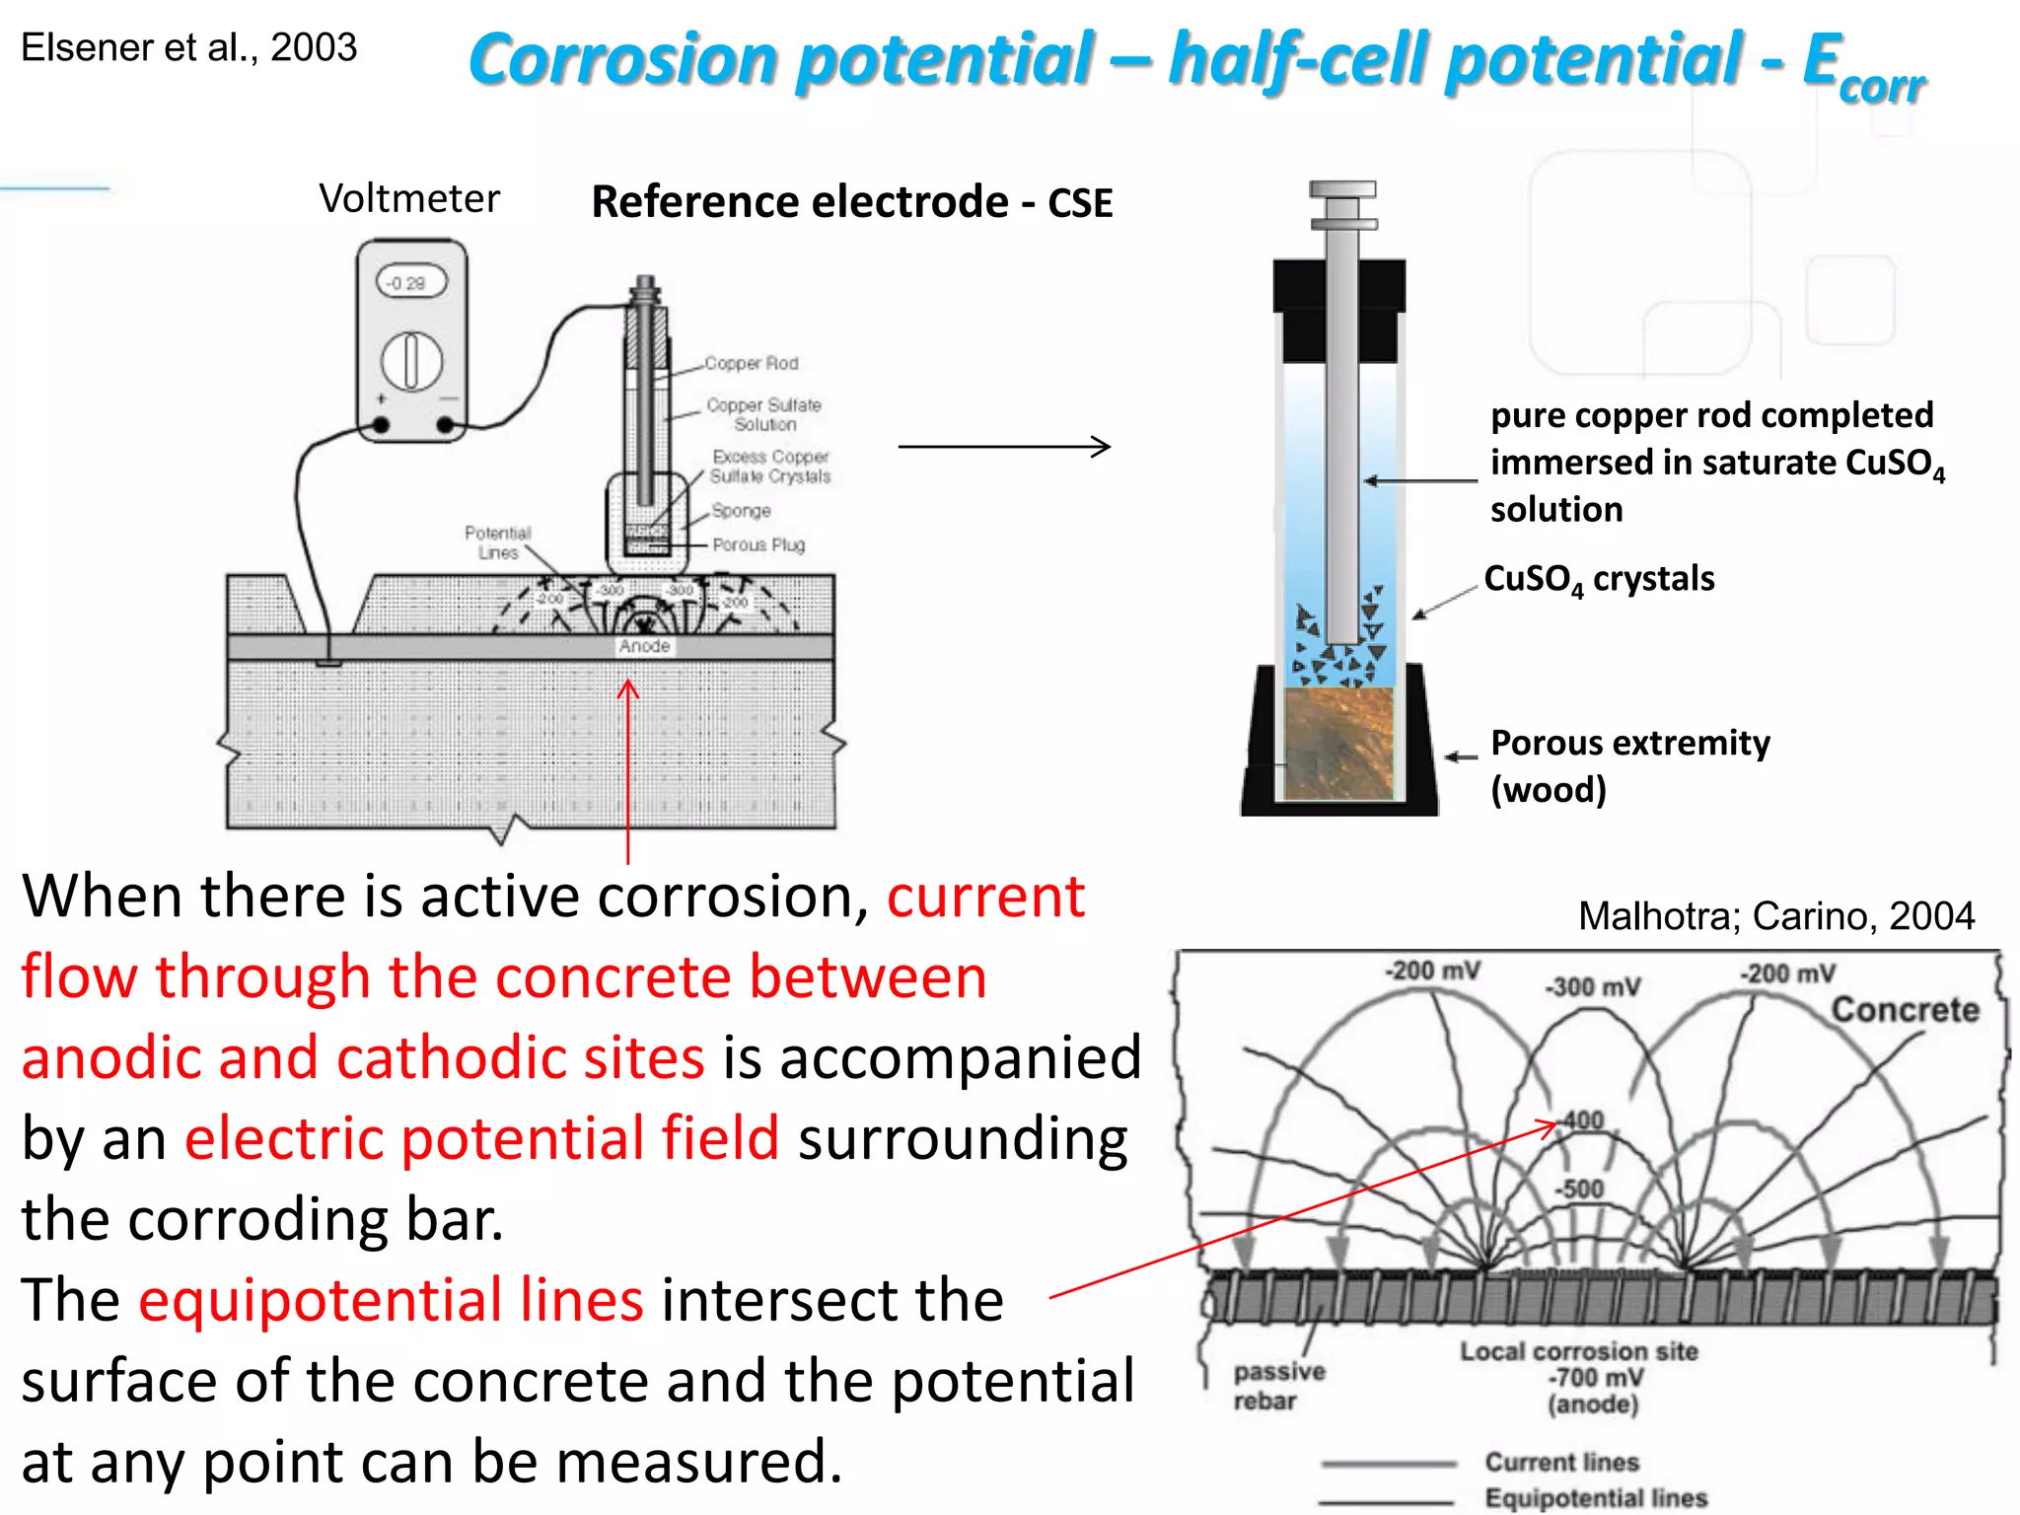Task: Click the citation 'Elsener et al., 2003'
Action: tap(188, 47)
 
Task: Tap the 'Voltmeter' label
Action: tap(409, 198)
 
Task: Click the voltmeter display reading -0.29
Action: tap(410, 283)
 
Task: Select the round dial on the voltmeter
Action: tap(411, 360)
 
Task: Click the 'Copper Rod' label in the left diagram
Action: tap(752, 363)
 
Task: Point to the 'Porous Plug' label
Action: tap(758, 544)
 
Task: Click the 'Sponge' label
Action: tap(742, 511)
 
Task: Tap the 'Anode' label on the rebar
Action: tap(644, 646)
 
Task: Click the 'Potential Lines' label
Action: tap(498, 542)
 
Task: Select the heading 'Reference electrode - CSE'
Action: tap(852, 202)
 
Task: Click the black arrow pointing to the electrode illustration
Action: tap(1004, 447)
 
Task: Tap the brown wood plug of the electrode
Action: tap(1338, 743)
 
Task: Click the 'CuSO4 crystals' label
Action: tap(1599, 579)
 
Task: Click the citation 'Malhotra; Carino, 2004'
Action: tap(1775, 916)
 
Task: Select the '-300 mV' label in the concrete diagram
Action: tap(1592, 987)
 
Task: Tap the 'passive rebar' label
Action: tap(1279, 1386)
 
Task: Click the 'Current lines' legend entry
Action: tap(1561, 1462)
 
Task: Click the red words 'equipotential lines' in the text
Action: tap(391, 1300)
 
